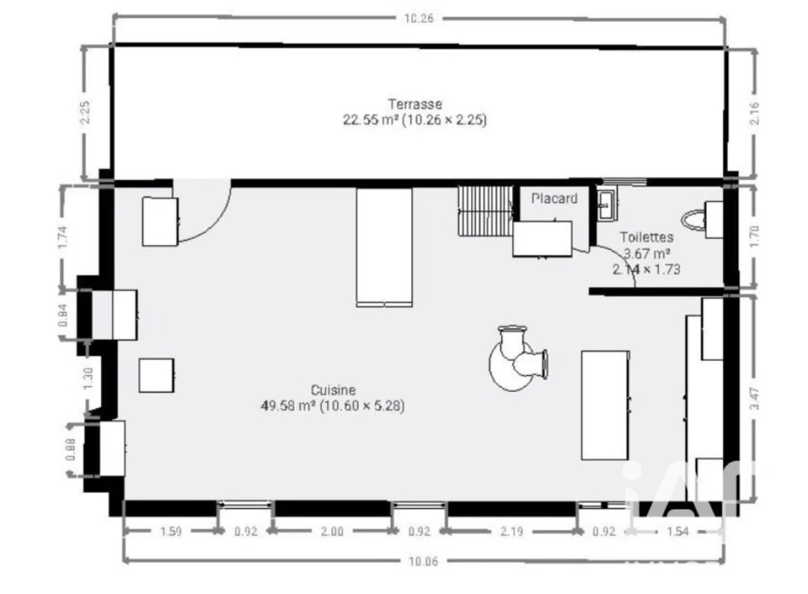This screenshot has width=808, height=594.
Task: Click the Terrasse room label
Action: pyautogui.click(x=415, y=104)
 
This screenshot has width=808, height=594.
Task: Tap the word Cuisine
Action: pyautogui.click(x=333, y=390)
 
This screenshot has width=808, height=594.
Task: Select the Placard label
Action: pyautogui.click(x=554, y=198)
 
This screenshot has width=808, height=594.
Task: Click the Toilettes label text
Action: pyautogui.click(x=646, y=238)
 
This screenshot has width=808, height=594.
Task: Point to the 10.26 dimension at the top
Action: pyautogui.click(x=419, y=19)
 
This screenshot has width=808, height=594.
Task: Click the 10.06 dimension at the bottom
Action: pyautogui.click(x=423, y=561)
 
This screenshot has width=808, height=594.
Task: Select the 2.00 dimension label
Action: pyautogui.click(x=332, y=531)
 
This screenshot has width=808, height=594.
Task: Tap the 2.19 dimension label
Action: pyautogui.click(x=511, y=531)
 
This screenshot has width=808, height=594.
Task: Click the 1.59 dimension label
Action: pyautogui.click(x=170, y=531)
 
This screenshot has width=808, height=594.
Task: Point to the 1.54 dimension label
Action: pyautogui.click(x=677, y=531)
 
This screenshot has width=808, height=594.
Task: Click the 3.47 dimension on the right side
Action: pyautogui.click(x=754, y=398)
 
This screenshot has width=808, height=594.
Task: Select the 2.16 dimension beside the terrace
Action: pyautogui.click(x=754, y=113)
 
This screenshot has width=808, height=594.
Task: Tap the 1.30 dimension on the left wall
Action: pyautogui.click(x=88, y=378)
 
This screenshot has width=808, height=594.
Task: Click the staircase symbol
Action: pyautogui.click(x=485, y=211)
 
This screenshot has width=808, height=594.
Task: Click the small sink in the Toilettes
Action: pyautogui.click(x=605, y=205)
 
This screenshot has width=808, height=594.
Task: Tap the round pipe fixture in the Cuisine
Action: pyautogui.click(x=518, y=359)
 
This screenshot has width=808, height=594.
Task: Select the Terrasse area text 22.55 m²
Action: pyautogui.click(x=371, y=120)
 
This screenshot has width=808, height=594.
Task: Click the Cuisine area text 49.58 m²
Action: pyautogui.click(x=288, y=406)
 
